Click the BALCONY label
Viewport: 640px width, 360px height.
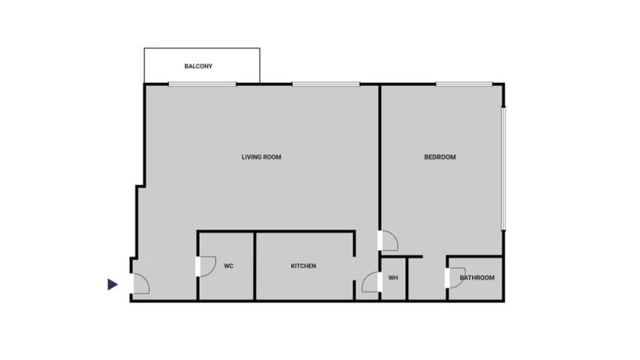(x=198, y=66)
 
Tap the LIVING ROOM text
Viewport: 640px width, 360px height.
(x=261, y=157)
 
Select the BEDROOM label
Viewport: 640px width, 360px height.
(x=440, y=157)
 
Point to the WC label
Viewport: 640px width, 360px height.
(x=229, y=266)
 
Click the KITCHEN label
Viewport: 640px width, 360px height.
(x=303, y=266)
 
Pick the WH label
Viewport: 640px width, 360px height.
(x=393, y=278)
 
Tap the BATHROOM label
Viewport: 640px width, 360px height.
(x=477, y=278)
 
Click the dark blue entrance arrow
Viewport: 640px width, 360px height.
(x=113, y=284)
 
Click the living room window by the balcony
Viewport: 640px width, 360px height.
(x=202, y=85)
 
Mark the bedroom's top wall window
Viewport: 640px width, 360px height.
(x=464, y=85)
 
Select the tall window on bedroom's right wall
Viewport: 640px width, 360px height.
(x=504, y=169)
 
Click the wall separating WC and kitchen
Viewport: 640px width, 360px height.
(x=255, y=266)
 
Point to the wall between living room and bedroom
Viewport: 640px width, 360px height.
(x=379, y=157)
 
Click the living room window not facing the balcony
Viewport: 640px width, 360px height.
(x=326, y=85)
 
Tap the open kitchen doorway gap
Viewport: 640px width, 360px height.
(x=354, y=269)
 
